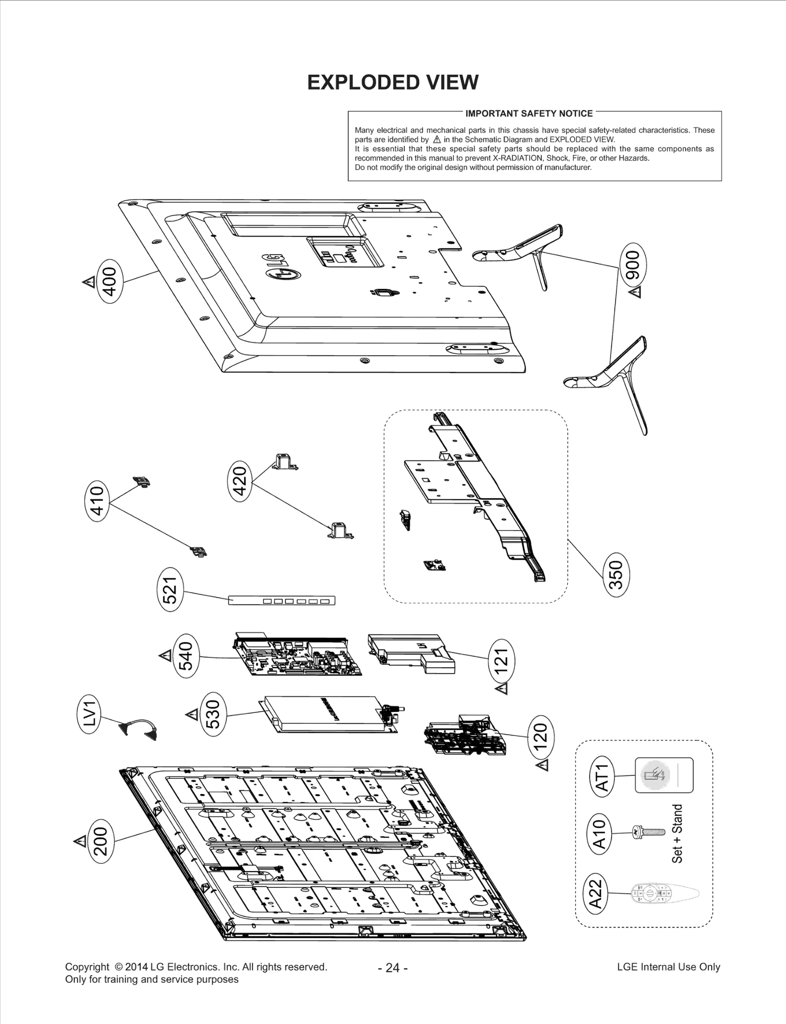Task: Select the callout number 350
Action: click(x=616, y=574)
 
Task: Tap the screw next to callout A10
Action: click(x=648, y=832)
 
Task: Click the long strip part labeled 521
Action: click(x=281, y=600)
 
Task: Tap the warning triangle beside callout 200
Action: click(x=80, y=841)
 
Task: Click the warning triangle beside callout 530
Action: click(x=192, y=714)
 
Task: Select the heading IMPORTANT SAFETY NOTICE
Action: click(x=529, y=114)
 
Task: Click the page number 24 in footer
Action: click(x=393, y=967)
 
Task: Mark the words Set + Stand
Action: click(x=677, y=834)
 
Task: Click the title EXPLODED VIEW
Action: click(x=393, y=83)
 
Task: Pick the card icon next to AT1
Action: click(x=664, y=775)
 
